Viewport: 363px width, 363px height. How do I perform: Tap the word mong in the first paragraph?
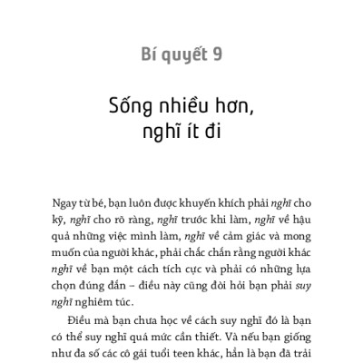[x=296, y=240]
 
